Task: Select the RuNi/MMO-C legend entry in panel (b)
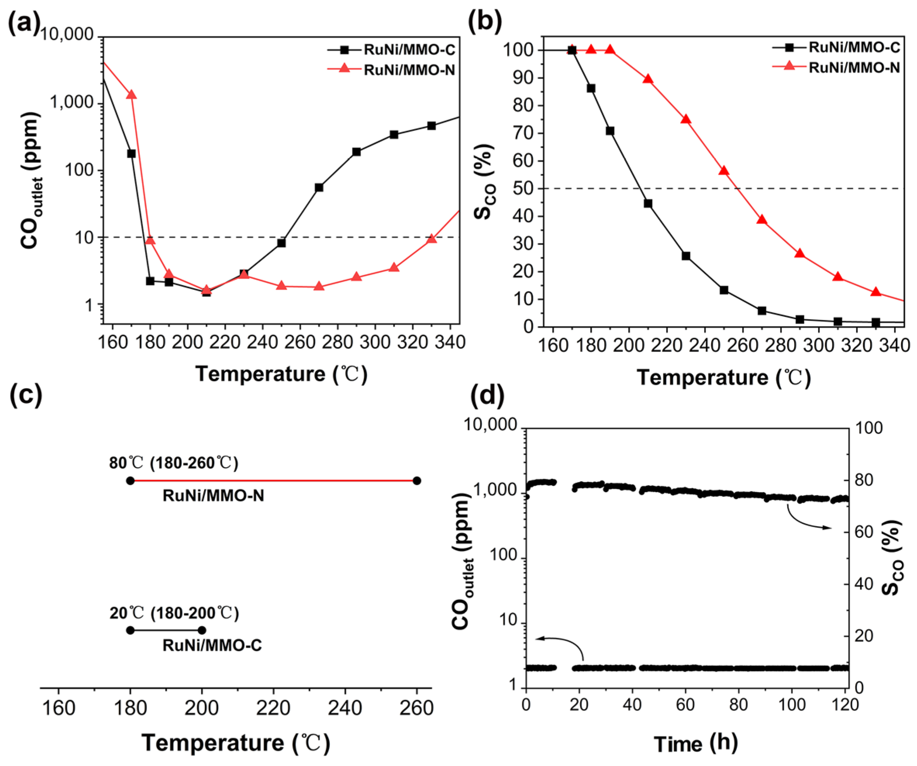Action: (854, 47)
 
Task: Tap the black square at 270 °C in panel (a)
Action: (319, 187)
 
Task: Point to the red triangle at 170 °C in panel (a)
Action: (131, 94)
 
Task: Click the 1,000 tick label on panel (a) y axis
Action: (72, 102)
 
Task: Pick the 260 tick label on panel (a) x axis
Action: (300, 342)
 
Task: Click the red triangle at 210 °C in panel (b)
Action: (648, 79)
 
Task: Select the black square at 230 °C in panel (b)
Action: (686, 256)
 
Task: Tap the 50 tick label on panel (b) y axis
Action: (523, 189)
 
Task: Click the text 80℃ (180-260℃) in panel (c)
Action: (174, 463)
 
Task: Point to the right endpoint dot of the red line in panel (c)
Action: (417, 480)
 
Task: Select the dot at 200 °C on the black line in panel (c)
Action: (202, 630)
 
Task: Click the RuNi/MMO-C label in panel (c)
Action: (212, 646)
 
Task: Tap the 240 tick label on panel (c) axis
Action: (345, 708)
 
